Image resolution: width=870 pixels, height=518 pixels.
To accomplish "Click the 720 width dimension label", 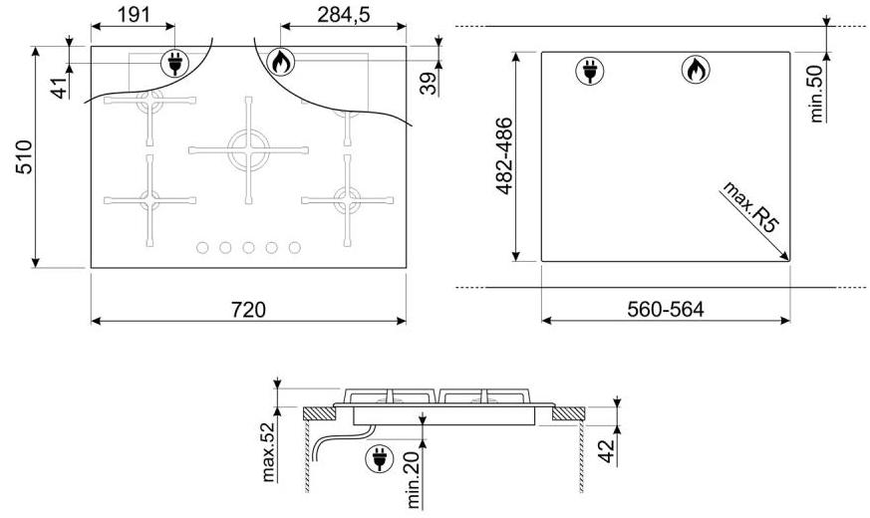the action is [248, 310].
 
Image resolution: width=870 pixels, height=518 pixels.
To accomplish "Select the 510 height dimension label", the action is [24, 157].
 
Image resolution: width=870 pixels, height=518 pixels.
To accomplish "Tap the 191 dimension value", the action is [134, 15].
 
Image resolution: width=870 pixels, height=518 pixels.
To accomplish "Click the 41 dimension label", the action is [60, 86].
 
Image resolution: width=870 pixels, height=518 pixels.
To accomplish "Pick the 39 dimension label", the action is [428, 84].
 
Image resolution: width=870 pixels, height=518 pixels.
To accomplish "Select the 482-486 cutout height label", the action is [504, 155].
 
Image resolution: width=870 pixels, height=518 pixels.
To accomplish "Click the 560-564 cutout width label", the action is [666, 310].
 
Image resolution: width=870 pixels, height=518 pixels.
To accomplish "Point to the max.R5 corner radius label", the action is [750, 206].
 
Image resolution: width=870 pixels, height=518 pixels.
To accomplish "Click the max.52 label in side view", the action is [268, 452].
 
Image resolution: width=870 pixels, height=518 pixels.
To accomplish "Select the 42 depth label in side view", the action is [607, 451].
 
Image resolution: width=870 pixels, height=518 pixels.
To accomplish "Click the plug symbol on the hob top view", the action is [174, 63].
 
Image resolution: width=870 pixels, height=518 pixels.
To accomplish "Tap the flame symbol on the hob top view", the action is [281, 62].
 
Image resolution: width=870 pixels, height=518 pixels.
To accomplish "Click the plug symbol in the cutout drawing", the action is [590, 71].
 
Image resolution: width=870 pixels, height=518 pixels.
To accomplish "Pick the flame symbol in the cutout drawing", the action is [696, 70].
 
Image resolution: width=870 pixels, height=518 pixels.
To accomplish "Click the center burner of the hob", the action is [248, 149].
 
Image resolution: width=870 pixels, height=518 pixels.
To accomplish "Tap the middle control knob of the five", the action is [248, 247].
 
